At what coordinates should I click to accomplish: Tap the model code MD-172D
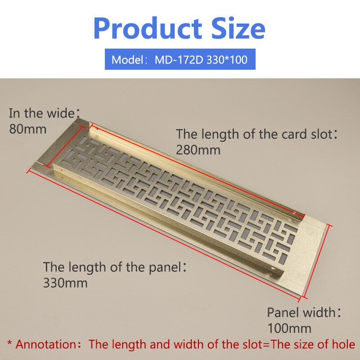coord(180,59)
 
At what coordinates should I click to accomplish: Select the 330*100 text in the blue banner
coord(227,59)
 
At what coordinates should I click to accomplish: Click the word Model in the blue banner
coord(127,59)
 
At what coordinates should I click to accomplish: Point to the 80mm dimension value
coord(28,129)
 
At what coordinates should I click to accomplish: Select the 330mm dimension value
coord(65,283)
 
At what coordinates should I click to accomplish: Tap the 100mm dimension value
coord(289,328)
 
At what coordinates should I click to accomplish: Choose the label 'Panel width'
coord(301,312)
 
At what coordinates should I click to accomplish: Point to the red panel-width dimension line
coord(319,261)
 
